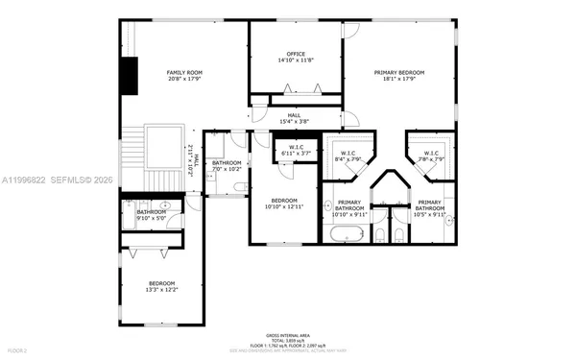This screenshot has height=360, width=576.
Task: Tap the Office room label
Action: (296, 57)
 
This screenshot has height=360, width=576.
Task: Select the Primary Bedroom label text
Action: (398, 76)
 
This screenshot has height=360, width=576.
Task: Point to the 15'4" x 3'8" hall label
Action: (294, 118)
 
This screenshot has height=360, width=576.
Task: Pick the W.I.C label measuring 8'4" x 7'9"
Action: (347, 156)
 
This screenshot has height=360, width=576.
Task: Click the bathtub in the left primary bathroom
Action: (343, 234)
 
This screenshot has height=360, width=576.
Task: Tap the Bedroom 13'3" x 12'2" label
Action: (161, 286)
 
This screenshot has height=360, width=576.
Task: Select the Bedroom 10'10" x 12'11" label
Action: (284, 203)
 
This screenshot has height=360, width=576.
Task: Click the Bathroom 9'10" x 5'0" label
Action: (151, 214)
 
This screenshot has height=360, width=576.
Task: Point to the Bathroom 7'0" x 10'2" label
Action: (227, 166)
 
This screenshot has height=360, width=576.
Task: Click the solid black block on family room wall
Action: (129, 76)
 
